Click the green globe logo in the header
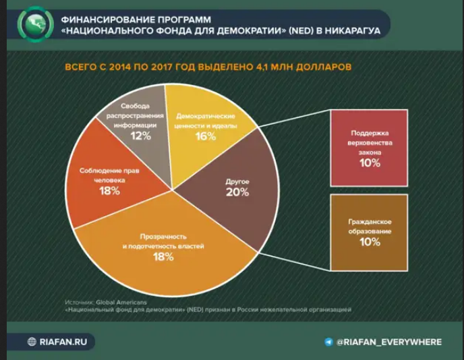coord(36,24)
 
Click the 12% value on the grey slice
coord(141,136)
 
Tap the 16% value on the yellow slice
coord(206,136)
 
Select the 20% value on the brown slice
coord(237,192)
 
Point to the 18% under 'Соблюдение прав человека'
coord(109,191)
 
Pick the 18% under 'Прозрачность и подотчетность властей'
coord(163,257)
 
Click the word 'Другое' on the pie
coord(237,181)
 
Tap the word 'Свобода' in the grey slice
coord(135,106)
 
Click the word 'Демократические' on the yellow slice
coord(206,116)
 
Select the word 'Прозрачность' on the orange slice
coord(163,237)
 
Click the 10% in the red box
coord(370,163)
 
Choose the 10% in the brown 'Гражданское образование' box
coord(370,242)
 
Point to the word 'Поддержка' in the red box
coord(370,133)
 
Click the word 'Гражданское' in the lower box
coord(370,222)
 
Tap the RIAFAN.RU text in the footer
coord(63,342)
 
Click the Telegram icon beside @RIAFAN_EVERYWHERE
coord(328,342)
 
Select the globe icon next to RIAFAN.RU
coord(32,342)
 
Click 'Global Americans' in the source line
coord(121,302)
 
